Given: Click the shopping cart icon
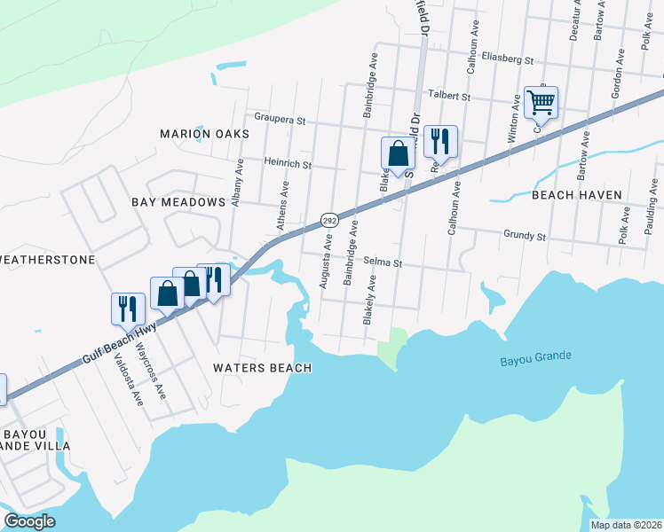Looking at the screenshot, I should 541,102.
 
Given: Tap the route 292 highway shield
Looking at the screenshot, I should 328,220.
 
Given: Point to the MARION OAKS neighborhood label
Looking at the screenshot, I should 204,133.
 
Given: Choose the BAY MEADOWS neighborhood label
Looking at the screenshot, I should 178,202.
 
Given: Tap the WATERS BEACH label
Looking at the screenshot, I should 263,367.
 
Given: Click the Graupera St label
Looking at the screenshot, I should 280,118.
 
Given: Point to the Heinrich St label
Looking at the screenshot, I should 288,164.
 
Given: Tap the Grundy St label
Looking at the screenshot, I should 524,237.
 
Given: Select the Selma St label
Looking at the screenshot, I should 383,263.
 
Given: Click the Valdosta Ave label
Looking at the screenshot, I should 128,379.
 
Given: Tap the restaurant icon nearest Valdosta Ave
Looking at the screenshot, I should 127,307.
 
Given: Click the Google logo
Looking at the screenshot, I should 30,521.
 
